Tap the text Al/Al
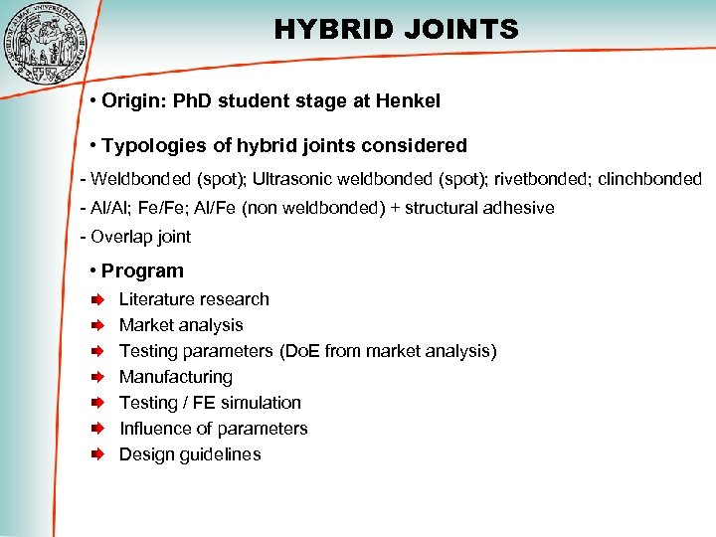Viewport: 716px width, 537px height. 110,208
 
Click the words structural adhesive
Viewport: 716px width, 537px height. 480,208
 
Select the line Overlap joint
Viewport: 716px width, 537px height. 140,237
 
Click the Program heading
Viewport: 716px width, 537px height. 142,270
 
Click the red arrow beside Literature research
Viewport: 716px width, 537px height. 98,299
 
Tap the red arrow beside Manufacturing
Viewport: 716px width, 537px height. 98,377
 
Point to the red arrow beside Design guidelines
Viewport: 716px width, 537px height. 98,454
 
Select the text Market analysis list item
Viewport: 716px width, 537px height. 181,325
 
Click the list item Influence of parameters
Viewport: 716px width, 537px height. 213,429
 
